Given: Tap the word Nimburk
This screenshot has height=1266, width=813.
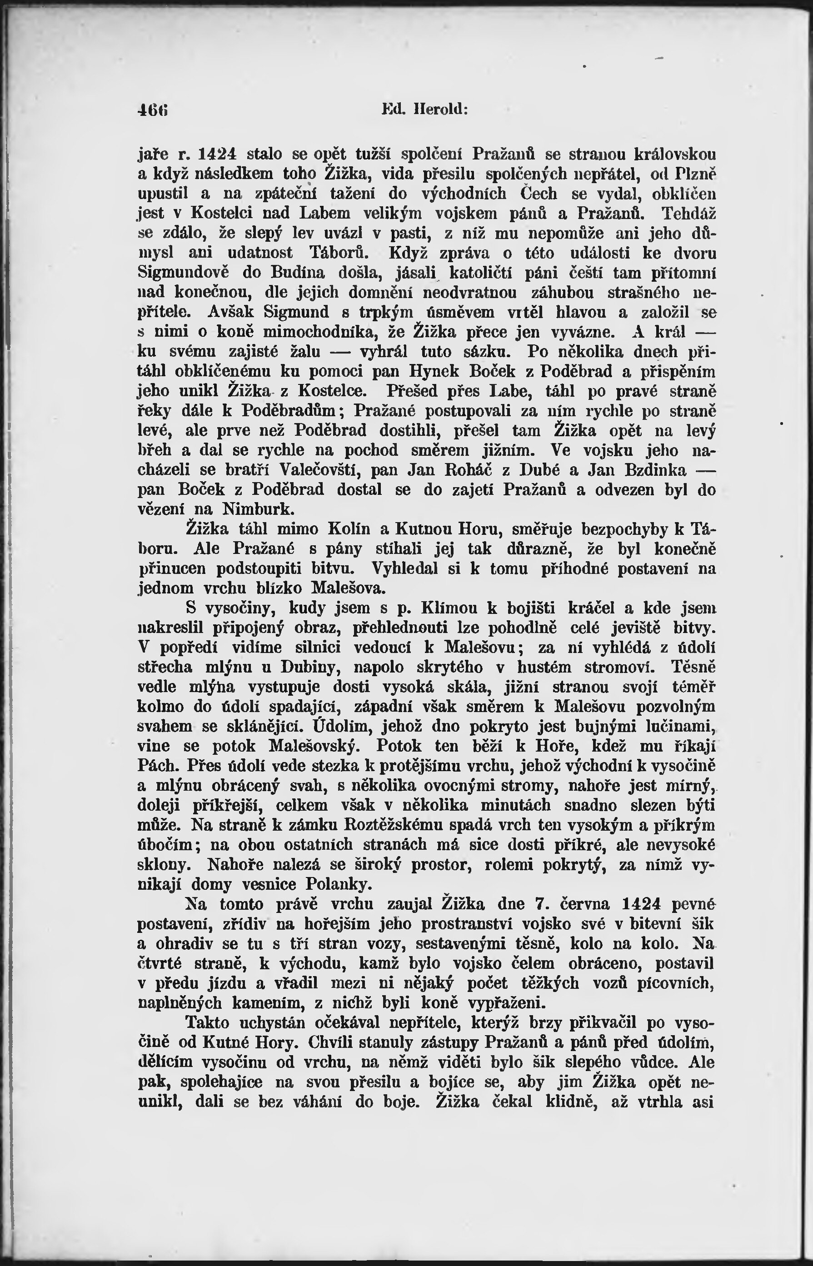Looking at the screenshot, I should tap(258, 509).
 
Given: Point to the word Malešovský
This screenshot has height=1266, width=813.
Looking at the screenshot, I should tap(314, 746).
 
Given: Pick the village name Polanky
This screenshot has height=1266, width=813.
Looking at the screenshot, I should tap(340, 884).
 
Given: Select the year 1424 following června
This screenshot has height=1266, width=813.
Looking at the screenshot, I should tap(641, 904).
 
